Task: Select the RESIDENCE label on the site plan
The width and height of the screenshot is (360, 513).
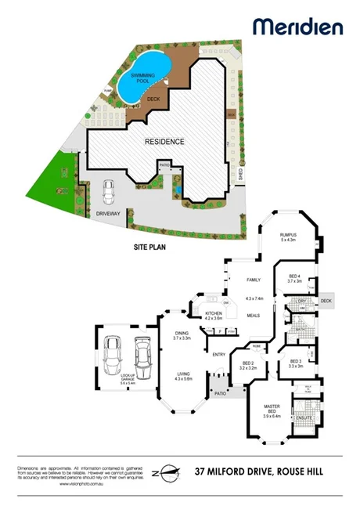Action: tap(164, 142)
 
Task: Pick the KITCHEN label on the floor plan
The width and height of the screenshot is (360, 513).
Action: tap(214, 312)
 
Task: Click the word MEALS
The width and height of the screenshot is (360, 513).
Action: tap(253, 316)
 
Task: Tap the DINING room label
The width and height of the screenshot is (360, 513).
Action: tap(182, 334)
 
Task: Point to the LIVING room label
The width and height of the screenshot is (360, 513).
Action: tap(183, 374)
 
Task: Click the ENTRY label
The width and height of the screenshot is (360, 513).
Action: tap(219, 355)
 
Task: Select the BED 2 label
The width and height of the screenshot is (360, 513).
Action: tap(247, 363)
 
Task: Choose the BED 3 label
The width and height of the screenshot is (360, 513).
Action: tap(295, 361)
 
